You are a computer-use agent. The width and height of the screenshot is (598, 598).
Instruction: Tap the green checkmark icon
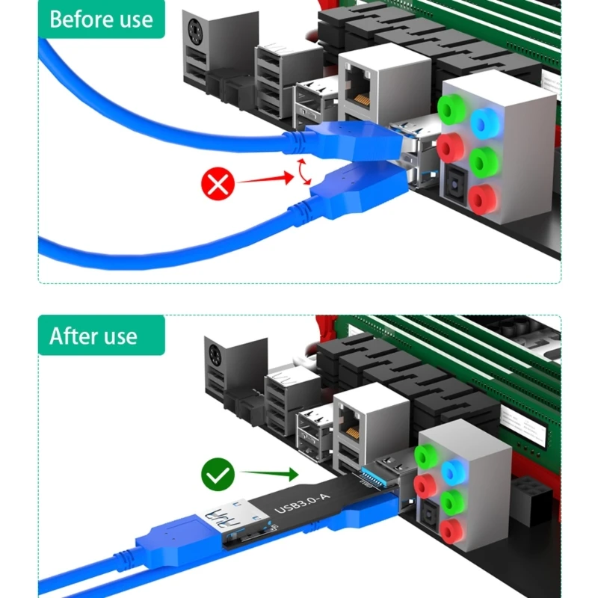[218, 473]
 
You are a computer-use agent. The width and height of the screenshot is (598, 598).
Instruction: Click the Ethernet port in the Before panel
[361, 90]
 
